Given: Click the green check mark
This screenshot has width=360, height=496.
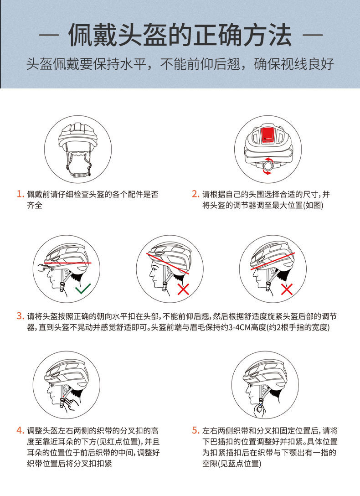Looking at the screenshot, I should (x=83, y=288).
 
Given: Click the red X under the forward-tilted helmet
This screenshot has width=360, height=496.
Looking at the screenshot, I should (x=183, y=289).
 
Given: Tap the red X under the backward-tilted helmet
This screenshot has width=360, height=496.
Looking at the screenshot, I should (x=287, y=289).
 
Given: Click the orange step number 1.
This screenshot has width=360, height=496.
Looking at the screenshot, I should (x=20, y=194).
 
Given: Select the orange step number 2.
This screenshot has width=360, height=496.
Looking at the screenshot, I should (x=195, y=194).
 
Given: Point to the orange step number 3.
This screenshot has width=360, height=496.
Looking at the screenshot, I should (x=20, y=316).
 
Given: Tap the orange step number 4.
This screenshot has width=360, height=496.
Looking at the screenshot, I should (x=20, y=430).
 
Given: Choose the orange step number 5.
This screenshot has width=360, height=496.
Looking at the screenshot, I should (x=195, y=430).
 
